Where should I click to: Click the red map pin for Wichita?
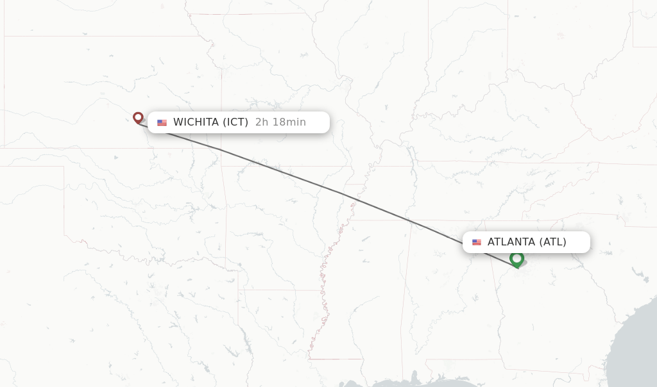pos(138,117)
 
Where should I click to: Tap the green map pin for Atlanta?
pos(516,259)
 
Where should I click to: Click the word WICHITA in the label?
pos(196,122)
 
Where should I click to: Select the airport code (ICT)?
pos(235,122)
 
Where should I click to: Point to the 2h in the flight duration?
pos(261,122)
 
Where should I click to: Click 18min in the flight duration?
pos(289,122)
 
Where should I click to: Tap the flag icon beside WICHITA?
pos(162,122)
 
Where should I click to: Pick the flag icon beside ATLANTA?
pos(477,242)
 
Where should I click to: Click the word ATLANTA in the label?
pos(511,242)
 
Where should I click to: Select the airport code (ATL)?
pos(553,242)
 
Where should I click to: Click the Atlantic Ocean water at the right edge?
pos(638,346)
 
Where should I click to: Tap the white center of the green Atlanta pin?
pos(516,258)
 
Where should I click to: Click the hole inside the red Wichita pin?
pos(138,117)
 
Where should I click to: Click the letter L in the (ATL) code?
pos(559,242)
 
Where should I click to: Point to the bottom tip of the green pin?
pos(516,268)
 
